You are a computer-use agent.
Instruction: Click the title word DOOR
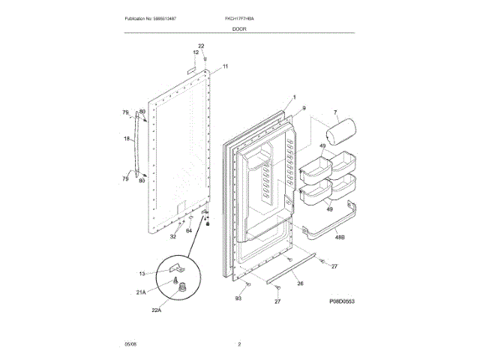tap(239, 28)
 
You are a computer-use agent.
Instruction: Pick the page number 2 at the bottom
tap(239, 344)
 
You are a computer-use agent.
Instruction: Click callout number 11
tap(225, 67)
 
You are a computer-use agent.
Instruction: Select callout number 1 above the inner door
tap(294, 97)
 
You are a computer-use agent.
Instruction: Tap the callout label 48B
tap(339, 237)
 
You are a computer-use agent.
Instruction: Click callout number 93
tap(238, 298)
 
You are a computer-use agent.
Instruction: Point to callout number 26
tap(299, 283)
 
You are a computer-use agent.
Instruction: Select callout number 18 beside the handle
tap(126, 138)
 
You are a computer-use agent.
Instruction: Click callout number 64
tap(189, 230)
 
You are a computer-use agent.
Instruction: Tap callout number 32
tap(172, 237)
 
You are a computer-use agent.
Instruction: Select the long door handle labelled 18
tap(136, 142)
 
